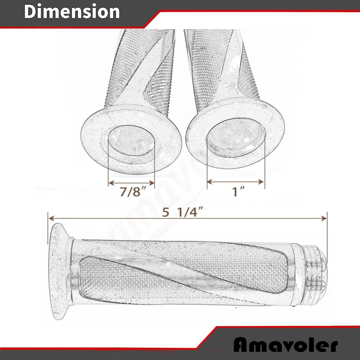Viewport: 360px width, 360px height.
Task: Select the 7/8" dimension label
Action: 132,192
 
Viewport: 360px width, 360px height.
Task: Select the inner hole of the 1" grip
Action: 236,135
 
